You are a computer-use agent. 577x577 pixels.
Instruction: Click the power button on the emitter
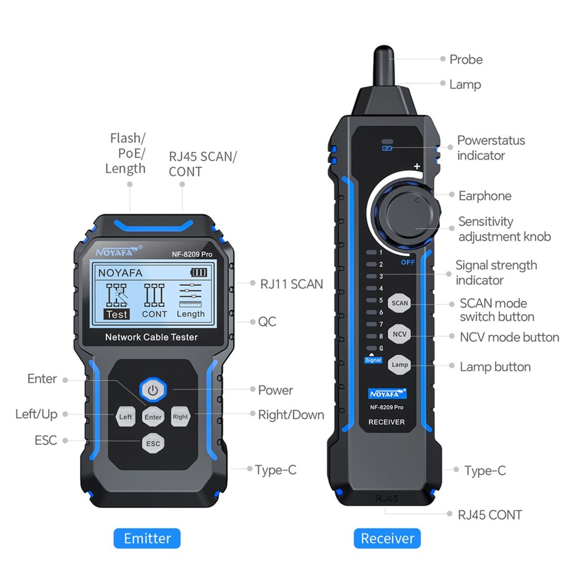[153, 389]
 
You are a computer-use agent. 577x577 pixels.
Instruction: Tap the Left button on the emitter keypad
[125, 416]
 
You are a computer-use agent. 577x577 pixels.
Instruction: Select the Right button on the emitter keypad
[180, 416]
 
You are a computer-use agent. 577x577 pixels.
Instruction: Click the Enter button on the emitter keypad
[153, 417]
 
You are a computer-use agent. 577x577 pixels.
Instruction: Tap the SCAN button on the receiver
[400, 303]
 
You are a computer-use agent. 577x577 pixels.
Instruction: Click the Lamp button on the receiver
[400, 364]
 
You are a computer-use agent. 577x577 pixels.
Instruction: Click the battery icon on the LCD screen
[199, 273]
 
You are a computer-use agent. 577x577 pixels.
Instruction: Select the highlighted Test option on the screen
[116, 314]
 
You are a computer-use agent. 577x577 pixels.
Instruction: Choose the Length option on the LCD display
[190, 314]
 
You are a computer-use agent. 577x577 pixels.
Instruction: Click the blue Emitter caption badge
[147, 538]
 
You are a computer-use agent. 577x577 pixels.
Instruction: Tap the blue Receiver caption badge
[387, 538]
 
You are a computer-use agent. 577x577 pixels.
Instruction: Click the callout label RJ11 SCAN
[291, 284]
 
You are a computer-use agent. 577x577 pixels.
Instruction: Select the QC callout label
[267, 322]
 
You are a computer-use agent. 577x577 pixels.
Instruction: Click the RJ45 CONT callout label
[489, 515]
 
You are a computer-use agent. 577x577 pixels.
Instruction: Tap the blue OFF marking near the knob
[408, 262]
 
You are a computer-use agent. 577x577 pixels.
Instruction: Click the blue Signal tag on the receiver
[373, 360]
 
